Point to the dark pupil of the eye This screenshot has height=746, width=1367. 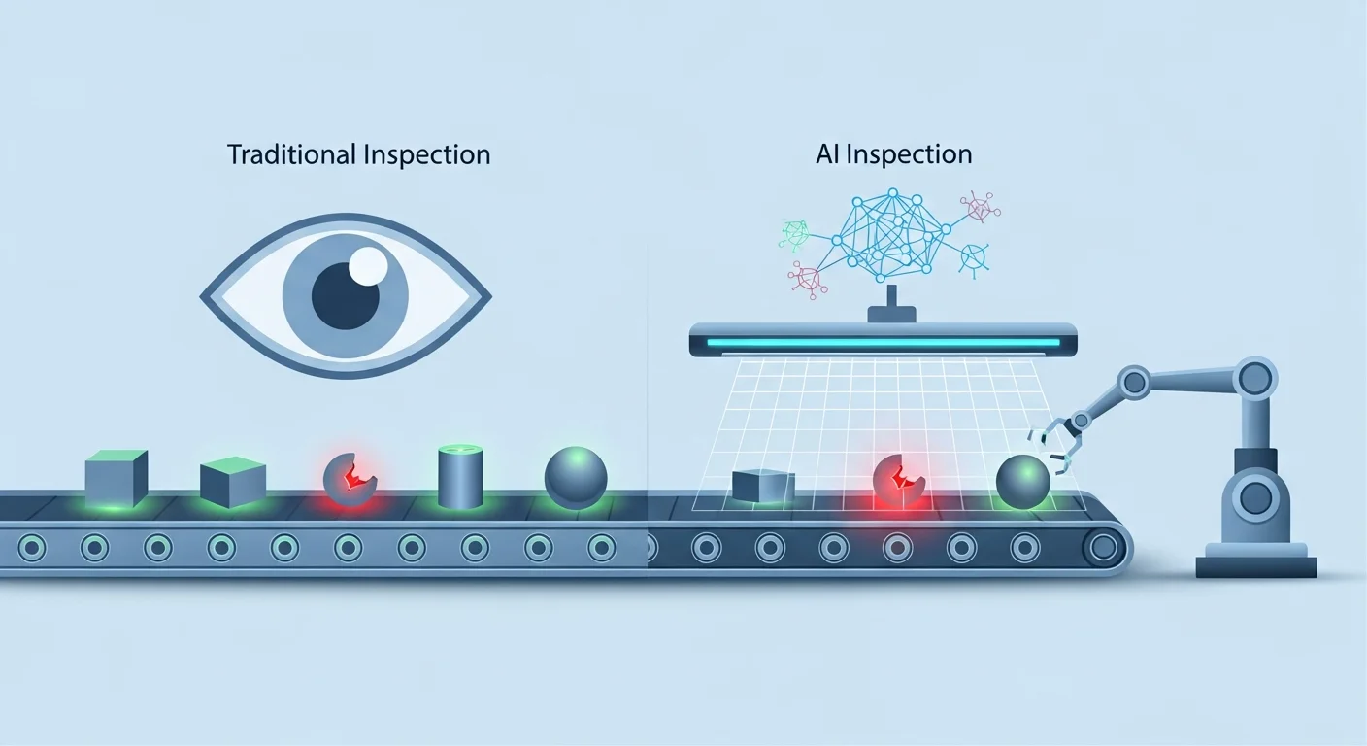346,295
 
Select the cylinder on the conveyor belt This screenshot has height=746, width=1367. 460,476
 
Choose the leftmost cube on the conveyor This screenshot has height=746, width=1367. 117,478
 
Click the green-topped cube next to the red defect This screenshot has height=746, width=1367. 233,482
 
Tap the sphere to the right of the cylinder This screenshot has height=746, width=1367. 576,477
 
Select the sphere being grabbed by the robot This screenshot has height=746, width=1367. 1023,481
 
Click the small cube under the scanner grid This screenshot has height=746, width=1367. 763,486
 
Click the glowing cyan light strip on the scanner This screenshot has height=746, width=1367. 883,342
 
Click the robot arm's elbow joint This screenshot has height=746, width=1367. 1134,381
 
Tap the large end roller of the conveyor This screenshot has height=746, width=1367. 1102,548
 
